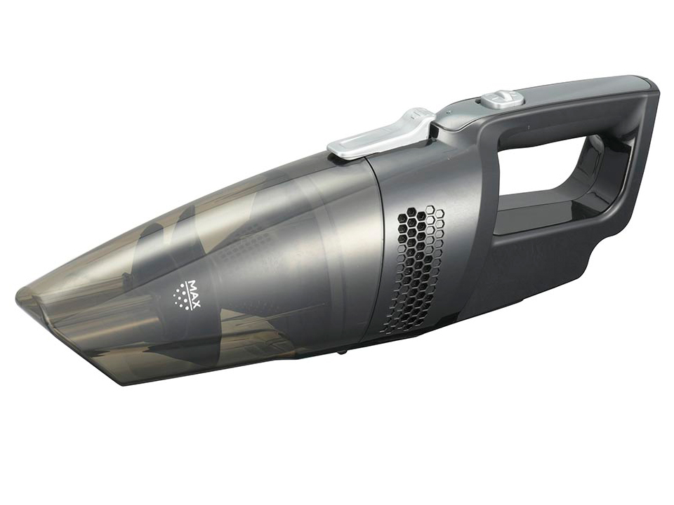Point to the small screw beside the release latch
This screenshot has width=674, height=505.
pyautogui.click(x=449, y=112)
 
